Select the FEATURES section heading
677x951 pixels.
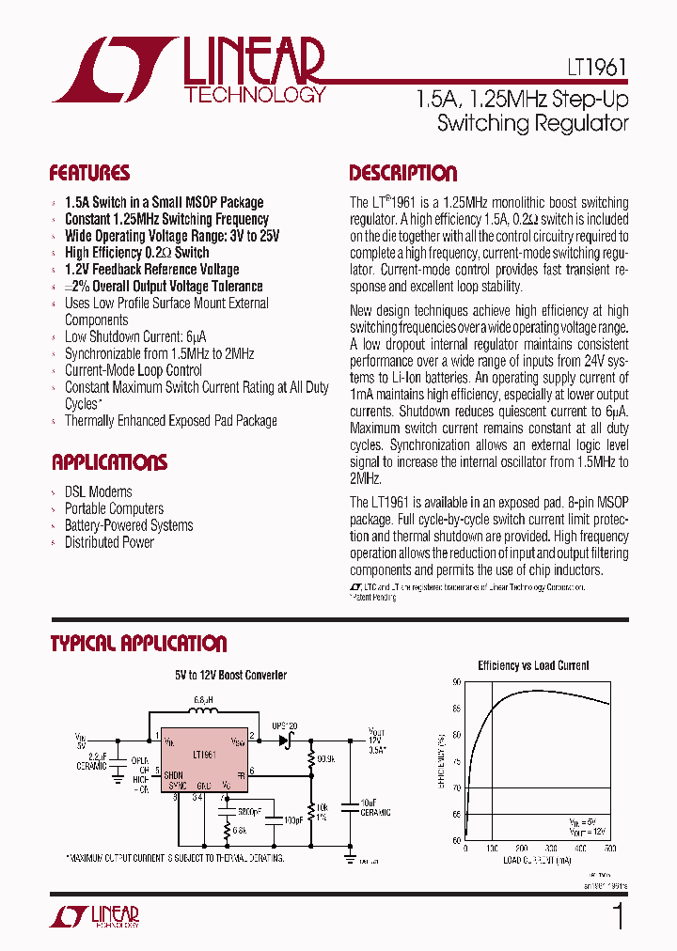tap(89, 173)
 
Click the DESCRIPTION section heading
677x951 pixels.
tap(402, 173)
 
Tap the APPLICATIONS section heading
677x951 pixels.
tap(109, 462)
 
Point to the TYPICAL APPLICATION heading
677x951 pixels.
tap(138, 644)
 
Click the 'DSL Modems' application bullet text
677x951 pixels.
tap(98, 491)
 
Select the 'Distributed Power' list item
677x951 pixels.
tap(109, 542)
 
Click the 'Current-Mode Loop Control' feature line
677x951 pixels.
tap(134, 370)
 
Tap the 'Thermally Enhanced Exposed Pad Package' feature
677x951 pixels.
tap(170, 421)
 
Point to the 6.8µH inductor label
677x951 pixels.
tap(204, 701)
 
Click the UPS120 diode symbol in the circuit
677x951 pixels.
tap(285, 741)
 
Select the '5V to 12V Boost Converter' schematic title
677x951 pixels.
tap(230, 675)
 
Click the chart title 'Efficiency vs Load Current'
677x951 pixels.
tap(533, 665)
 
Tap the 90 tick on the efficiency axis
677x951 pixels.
tap(457, 683)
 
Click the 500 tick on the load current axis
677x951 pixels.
tap(609, 849)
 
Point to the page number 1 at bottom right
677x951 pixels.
tap(618, 916)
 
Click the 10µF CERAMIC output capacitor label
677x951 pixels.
tap(373, 807)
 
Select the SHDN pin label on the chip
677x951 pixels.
tap(173, 775)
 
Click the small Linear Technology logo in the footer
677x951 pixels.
tap(95, 917)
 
